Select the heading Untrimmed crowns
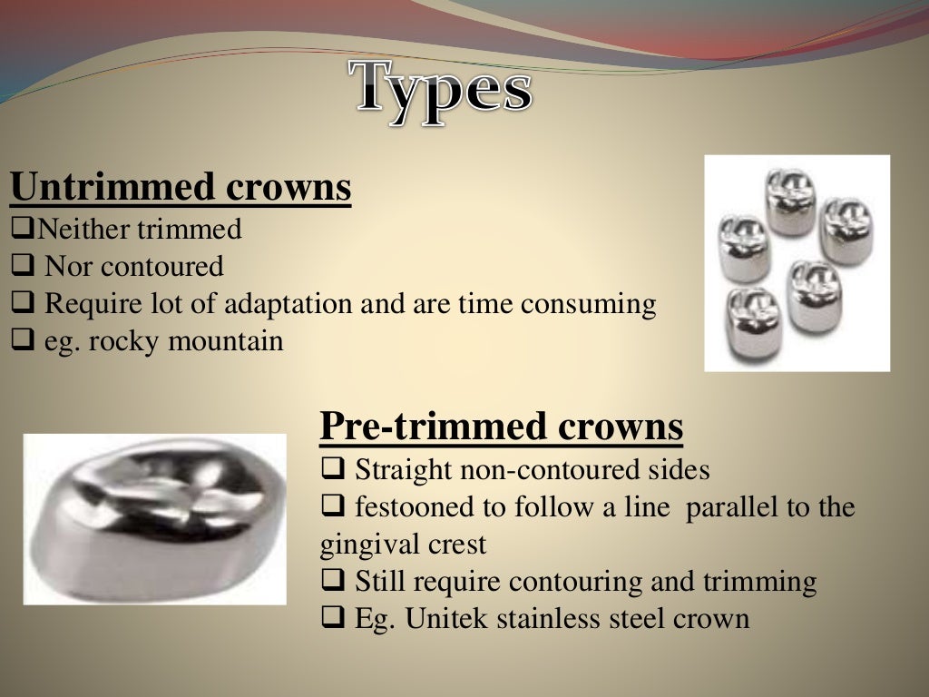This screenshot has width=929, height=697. click(x=181, y=188)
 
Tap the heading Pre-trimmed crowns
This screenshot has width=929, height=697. click(x=501, y=427)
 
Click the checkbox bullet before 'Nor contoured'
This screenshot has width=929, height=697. click(x=22, y=267)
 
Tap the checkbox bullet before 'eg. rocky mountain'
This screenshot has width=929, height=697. click(x=22, y=341)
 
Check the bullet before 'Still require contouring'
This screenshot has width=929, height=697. click(x=331, y=582)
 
